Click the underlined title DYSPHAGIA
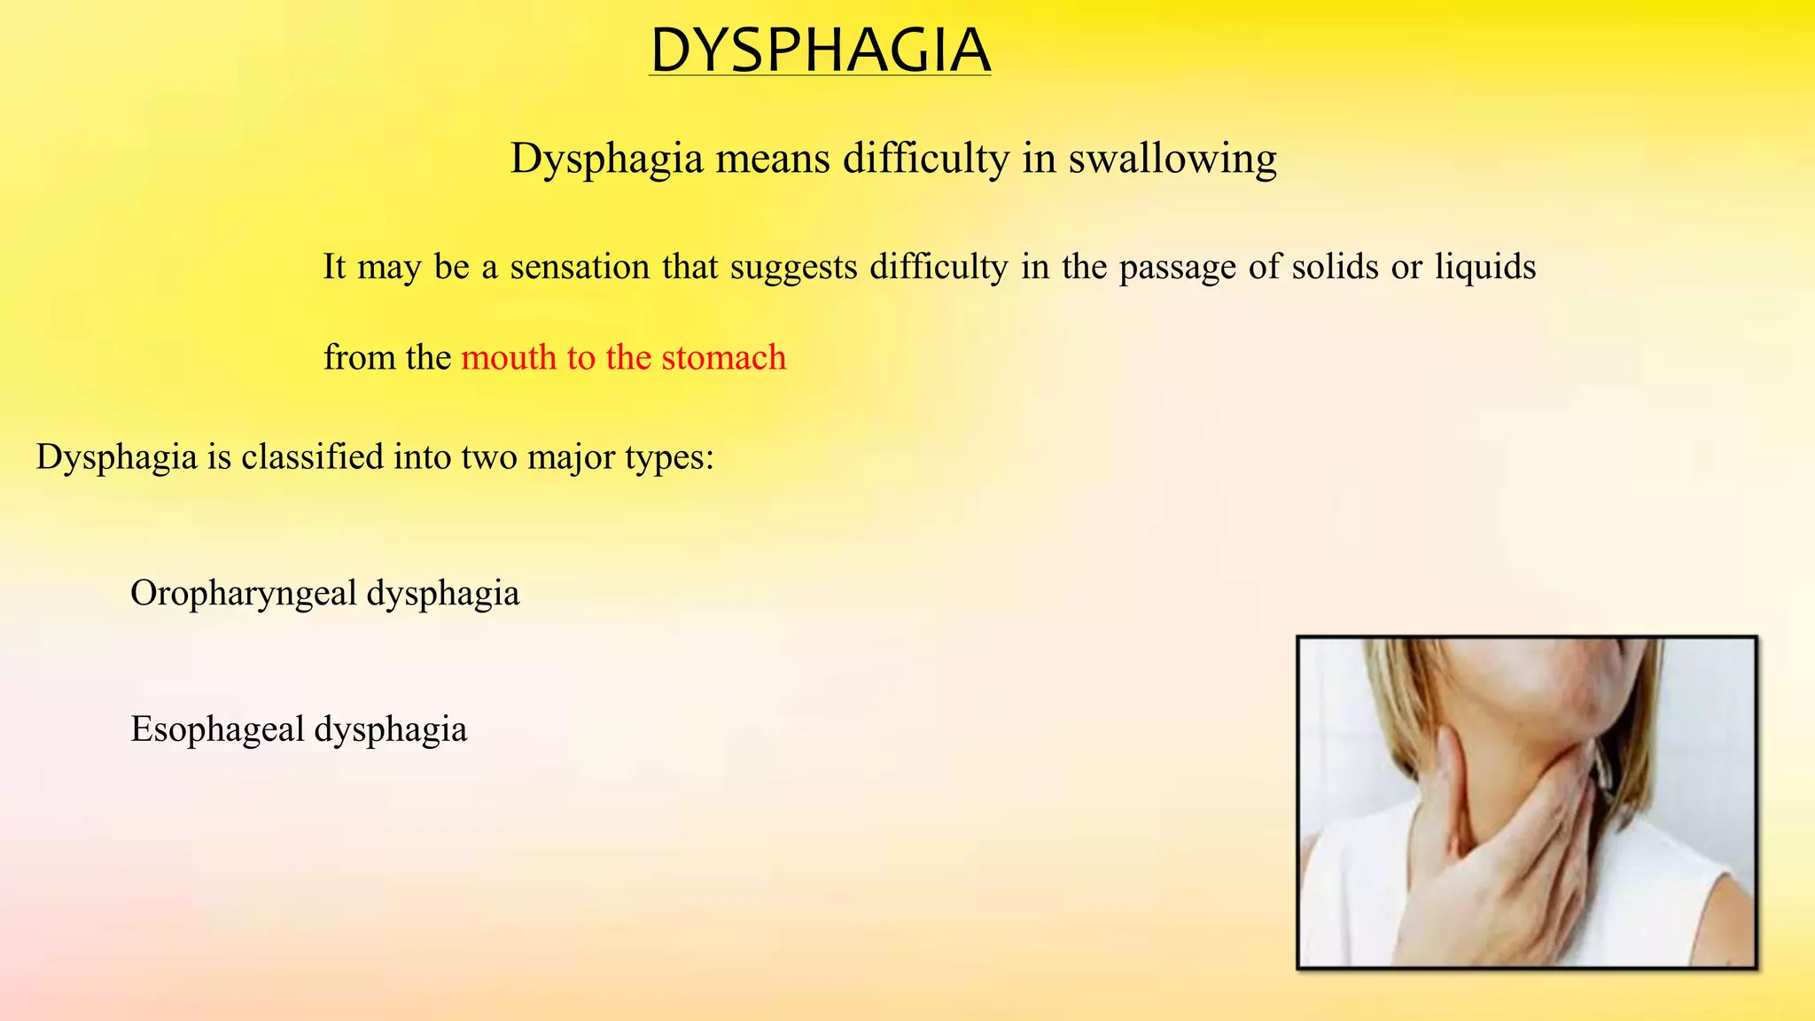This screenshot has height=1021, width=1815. pyautogui.click(x=820, y=51)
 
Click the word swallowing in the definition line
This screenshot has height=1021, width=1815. pyautogui.click(x=1172, y=160)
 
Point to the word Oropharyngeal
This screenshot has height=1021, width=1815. pyautogui.click(x=243, y=594)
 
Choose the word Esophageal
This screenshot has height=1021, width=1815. pyautogui.click(x=217, y=730)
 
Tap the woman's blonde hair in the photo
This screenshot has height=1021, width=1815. pyautogui.click(x=1400, y=709)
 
